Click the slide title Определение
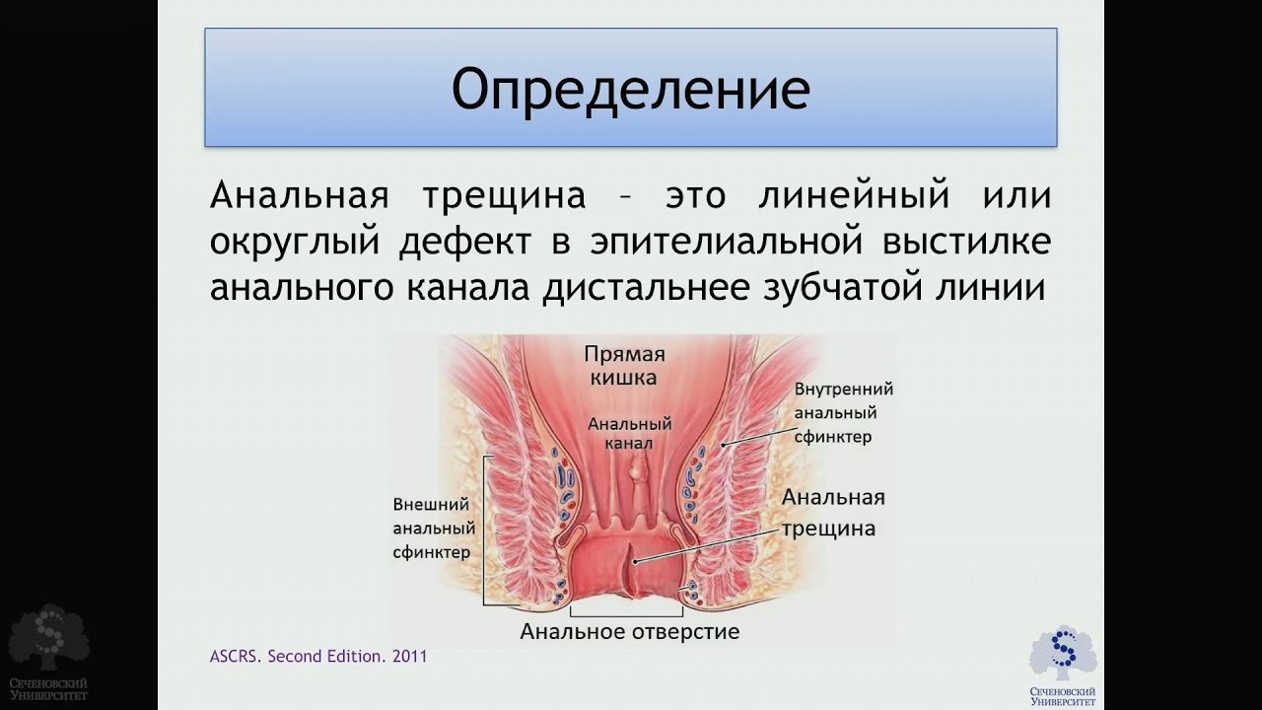631,90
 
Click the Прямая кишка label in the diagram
624,366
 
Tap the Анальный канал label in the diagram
630,433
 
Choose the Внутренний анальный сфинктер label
843,413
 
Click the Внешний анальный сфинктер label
434,528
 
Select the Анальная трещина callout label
832,514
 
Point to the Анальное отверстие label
629,632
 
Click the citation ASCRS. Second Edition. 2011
318,657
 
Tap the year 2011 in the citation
410,657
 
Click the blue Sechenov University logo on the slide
1063,669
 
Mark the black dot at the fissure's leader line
635,561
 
